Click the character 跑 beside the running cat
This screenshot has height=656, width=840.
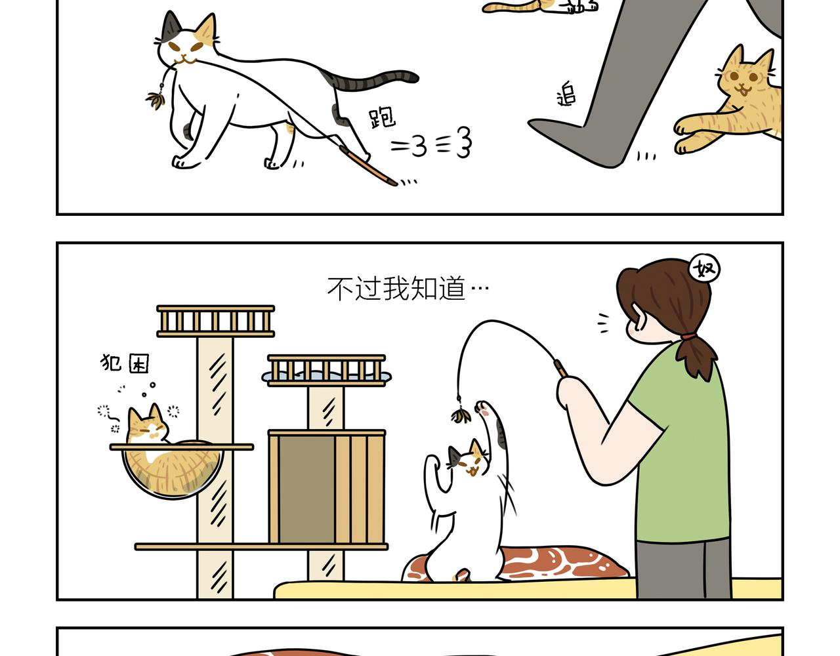tap(381, 117)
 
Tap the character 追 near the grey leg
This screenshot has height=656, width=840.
tap(566, 94)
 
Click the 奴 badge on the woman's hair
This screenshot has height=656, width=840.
tap(704, 268)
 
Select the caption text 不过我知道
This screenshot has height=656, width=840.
tap(396, 289)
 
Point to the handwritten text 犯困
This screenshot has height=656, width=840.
tap(125, 363)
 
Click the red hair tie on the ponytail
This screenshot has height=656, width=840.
tap(688, 336)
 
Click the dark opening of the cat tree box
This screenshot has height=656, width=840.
tap(307, 489)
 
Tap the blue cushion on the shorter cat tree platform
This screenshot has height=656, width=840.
tap(327, 375)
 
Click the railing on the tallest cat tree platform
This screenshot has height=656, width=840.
tap(216, 321)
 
